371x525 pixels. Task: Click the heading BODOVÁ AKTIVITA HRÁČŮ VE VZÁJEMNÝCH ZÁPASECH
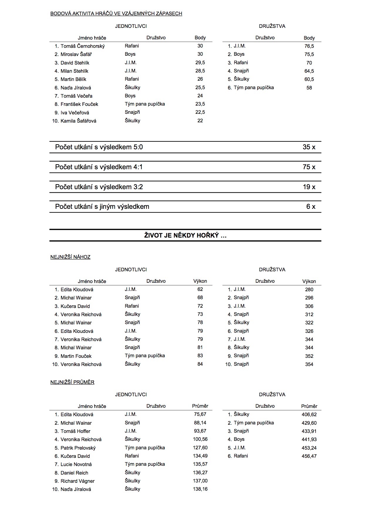tap(116, 13)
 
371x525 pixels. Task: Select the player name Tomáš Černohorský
tap(82, 46)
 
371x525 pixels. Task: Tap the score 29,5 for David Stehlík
tap(200, 62)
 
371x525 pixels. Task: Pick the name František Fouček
tap(79, 104)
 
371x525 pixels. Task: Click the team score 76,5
tap(309, 46)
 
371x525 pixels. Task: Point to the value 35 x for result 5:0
tap(309, 147)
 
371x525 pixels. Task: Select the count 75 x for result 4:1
tap(309, 167)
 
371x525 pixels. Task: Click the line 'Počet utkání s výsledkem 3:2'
tap(99, 187)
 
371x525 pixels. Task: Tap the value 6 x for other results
tap(311, 206)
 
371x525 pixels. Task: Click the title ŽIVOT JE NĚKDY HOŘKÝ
tap(185, 235)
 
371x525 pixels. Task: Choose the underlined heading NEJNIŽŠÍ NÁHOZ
tap(70, 257)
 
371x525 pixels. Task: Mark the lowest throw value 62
tap(200, 289)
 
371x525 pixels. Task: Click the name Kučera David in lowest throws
tap(75, 306)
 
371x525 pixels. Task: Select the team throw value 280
tap(309, 289)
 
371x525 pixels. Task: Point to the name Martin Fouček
tap(76, 356)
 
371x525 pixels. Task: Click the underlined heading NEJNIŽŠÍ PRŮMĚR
tap(72, 382)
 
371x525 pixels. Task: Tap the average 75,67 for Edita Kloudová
tap(200, 414)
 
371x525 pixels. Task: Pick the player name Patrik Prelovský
tap(78, 448)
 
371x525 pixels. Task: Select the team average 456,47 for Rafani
tap(309, 456)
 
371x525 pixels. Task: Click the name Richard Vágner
tap(77, 481)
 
